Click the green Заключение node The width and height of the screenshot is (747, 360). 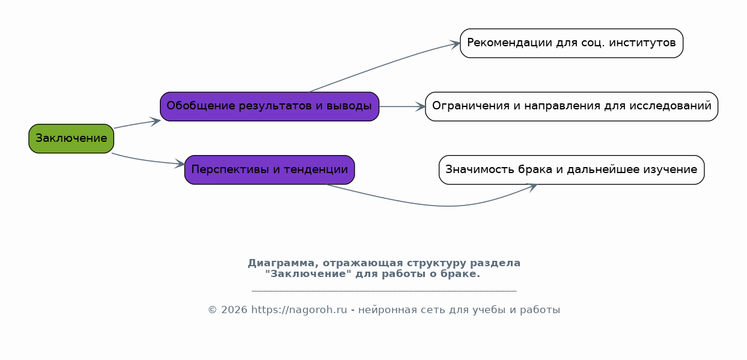(x=71, y=138)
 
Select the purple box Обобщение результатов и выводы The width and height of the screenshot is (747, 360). (x=269, y=106)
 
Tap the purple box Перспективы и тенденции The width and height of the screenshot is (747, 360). (x=269, y=169)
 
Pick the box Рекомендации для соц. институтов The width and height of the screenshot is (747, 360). (x=572, y=43)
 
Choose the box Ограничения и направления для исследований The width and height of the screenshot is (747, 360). (x=572, y=106)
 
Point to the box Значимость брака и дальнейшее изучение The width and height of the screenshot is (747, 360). (x=572, y=169)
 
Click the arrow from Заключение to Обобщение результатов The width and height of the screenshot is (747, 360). (x=138, y=124)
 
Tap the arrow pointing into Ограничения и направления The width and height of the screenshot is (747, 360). (x=402, y=107)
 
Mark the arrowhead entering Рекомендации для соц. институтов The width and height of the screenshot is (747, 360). (x=456, y=44)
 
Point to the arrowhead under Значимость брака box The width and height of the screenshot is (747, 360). (x=532, y=187)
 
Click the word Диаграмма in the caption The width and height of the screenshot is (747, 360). (x=281, y=263)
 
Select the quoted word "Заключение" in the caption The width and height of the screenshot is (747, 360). (x=308, y=274)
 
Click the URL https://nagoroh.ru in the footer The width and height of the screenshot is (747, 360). (x=299, y=310)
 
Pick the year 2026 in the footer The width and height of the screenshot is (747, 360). (x=234, y=310)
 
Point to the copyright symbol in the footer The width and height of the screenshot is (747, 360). (x=212, y=310)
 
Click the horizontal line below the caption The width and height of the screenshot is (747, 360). (x=384, y=291)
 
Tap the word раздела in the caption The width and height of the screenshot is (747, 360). (x=495, y=263)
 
